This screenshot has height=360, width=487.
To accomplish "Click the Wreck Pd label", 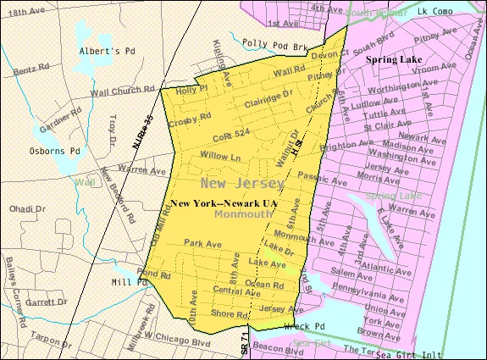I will point(306,326).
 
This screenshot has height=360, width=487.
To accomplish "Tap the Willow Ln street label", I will point(220,157).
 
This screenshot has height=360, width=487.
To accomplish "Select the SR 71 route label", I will point(243,342).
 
